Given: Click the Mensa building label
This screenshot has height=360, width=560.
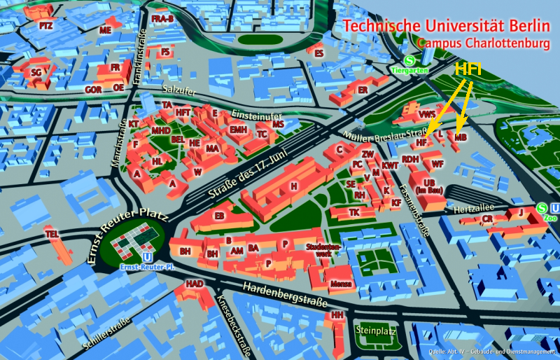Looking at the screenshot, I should (x=341, y=284).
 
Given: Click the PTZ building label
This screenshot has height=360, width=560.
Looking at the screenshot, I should (x=46, y=25).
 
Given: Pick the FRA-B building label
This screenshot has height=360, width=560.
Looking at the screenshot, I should (x=162, y=18).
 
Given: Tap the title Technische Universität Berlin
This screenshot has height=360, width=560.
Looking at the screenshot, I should (x=447, y=27).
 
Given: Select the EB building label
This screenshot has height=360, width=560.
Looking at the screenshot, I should (x=219, y=216).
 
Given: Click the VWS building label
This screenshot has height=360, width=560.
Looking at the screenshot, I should (x=427, y=113).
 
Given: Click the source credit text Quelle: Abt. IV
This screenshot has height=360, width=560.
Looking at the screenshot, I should (x=490, y=351).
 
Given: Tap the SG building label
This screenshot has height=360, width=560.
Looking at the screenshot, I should (x=36, y=72).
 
